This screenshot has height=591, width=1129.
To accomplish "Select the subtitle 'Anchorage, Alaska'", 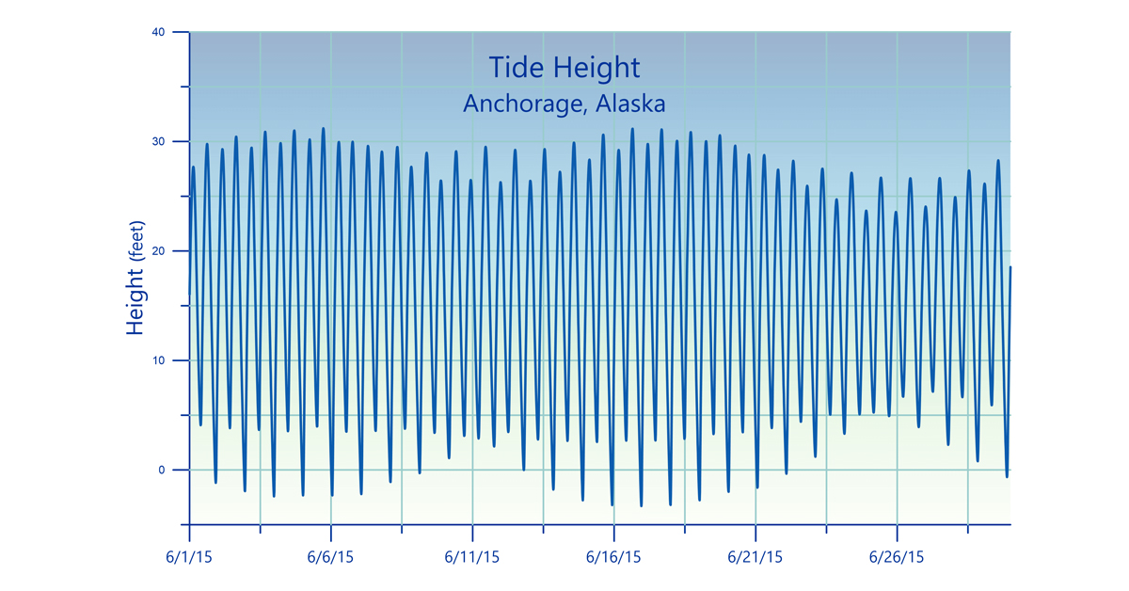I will click(x=564, y=103).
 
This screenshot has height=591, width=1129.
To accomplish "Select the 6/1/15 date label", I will click(x=189, y=557).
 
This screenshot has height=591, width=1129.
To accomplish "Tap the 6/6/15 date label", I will click(x=330, y=557).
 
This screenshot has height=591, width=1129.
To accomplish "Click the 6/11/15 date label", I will click(x=472, y=557).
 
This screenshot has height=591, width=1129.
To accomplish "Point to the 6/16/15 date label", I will click(x=613, y=557).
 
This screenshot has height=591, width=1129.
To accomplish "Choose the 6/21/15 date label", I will click(x=755, y=557).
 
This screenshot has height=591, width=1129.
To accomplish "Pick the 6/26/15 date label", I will click(x=897, y=557).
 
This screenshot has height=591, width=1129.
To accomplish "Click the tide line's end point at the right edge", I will click(x=1010, y=267).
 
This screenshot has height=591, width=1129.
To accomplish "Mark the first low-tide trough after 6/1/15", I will click(x=200, y=424).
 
